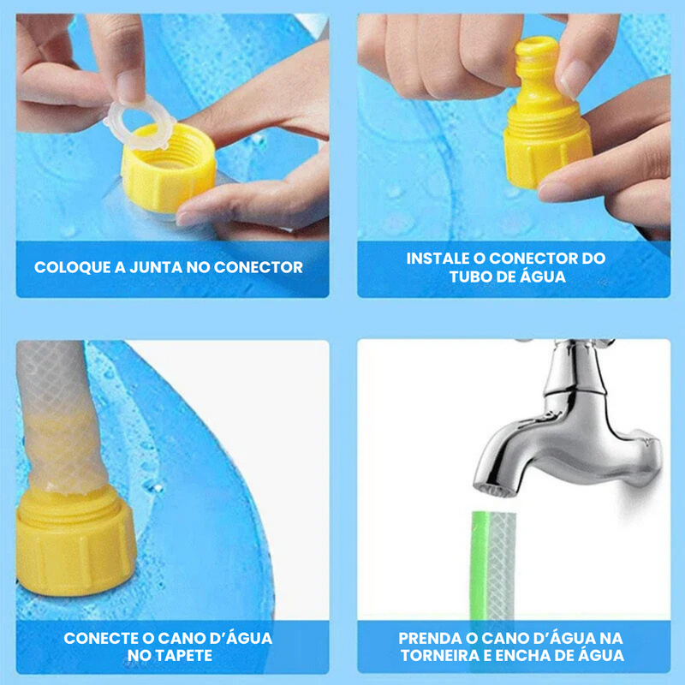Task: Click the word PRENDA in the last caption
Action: [431, 638]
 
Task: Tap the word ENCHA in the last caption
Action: [525, 657]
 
